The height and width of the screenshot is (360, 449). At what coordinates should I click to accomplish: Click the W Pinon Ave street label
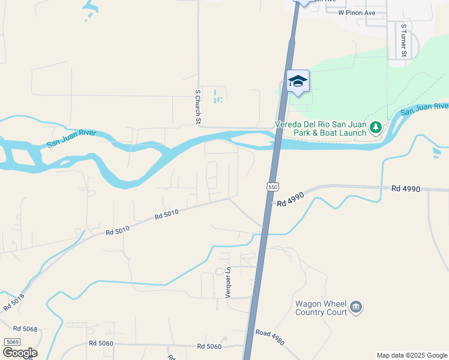357,12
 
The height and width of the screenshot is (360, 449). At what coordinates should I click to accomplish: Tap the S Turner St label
404,41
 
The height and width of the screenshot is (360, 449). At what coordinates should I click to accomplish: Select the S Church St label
197,107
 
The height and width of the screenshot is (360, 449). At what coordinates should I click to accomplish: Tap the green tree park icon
376,127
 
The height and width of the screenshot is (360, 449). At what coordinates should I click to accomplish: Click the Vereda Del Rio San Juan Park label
320,128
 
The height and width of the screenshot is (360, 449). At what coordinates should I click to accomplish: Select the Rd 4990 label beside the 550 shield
291,199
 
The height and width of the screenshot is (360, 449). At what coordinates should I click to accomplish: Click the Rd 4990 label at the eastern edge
406,188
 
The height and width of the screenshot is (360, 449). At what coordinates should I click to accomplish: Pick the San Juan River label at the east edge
425,109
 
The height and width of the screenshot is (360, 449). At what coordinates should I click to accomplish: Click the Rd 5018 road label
14,302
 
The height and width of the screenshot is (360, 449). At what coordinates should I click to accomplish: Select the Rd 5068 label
25,329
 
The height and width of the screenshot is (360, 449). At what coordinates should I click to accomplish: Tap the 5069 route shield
12,342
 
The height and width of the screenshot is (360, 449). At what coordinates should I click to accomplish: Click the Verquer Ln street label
229,283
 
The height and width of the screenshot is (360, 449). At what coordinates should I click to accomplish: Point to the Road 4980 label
270,337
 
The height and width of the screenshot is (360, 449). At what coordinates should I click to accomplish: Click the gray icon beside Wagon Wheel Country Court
356,308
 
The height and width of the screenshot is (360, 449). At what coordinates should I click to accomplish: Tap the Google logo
20,353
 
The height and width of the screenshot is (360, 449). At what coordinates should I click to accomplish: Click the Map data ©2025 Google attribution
412,355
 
